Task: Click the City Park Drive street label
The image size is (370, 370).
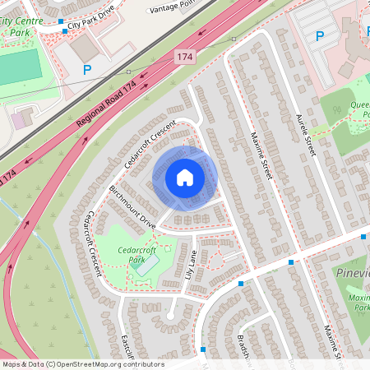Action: click(x=92, y=25)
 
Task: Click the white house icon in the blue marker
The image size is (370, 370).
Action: click(x=185, y=178)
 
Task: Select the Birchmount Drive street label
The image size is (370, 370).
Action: click(x=132, y=207)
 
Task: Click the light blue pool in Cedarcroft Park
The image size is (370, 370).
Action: click(x=148, y=264)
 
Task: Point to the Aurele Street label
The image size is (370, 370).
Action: click(x=306, y=135)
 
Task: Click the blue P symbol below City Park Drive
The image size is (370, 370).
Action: click(x=86, y=71)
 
